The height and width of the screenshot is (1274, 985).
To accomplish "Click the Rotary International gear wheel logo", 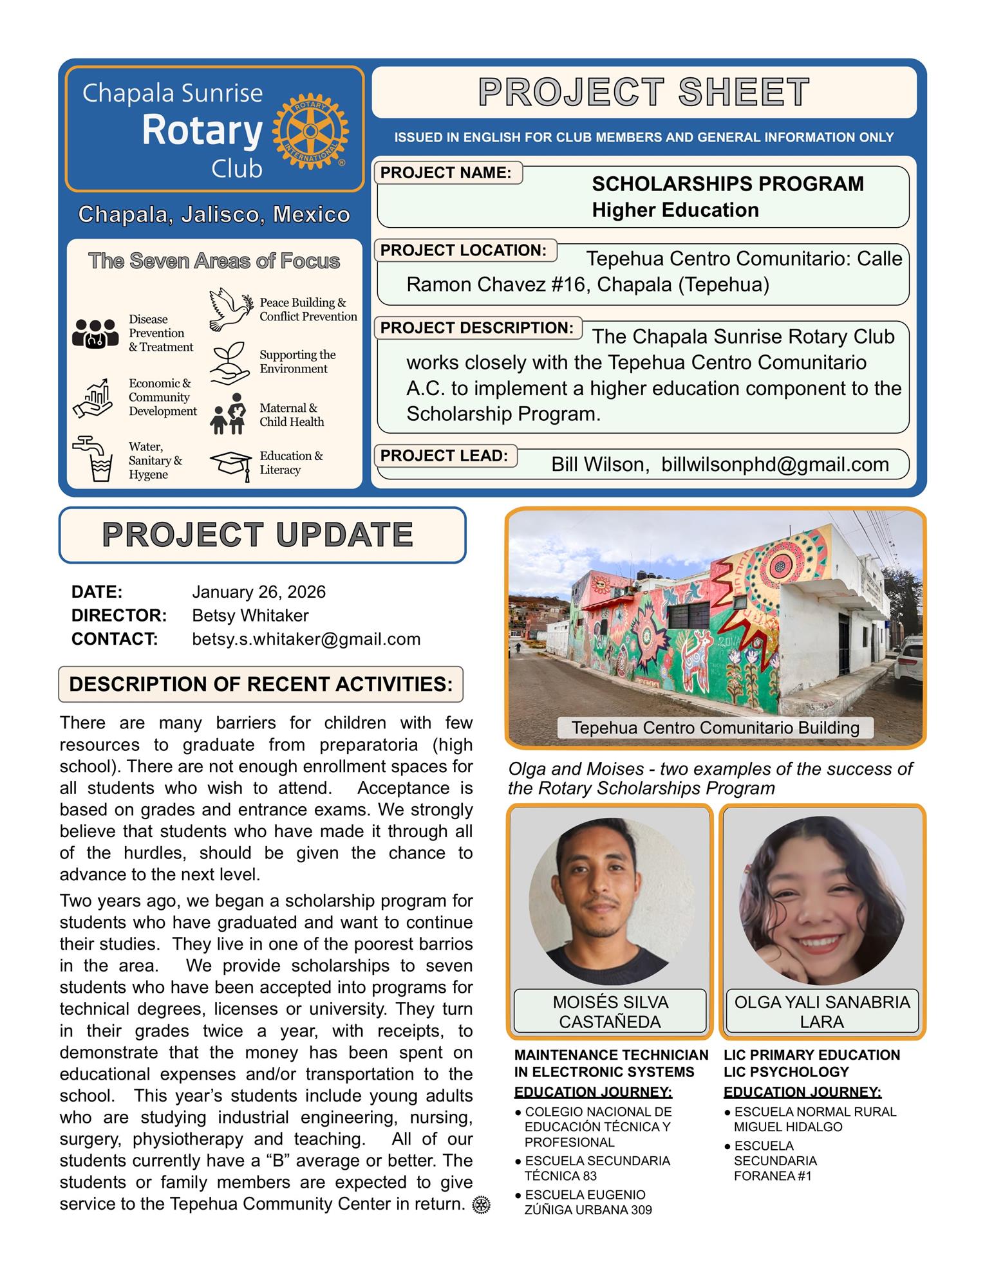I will coord(310,131).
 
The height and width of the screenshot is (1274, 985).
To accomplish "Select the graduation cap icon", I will coord(230,464).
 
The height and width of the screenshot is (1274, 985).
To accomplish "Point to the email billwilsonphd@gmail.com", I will coord(775,465).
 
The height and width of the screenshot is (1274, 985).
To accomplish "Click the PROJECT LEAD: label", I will coord(444,456).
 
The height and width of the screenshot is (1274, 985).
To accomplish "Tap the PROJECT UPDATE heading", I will coord(258,535).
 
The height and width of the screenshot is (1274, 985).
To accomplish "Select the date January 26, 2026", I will coord(259,592).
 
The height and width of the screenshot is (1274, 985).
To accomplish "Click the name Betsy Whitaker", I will coord(250,616).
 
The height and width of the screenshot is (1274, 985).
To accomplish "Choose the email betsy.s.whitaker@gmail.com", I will coord(306,639).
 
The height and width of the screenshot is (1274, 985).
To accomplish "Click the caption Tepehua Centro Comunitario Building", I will coord(715,728).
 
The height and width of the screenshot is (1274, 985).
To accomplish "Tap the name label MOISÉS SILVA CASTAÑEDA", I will coord(610,1012).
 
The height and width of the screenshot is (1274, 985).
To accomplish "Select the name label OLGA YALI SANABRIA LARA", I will coord(822,1012).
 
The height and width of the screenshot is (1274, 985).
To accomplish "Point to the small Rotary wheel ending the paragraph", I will coord(481,1205).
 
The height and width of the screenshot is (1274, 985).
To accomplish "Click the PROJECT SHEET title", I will coord(644,93).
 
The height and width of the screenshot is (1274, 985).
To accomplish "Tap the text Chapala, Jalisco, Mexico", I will coord(214,214).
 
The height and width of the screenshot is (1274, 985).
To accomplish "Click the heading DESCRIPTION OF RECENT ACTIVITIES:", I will coord(261,684).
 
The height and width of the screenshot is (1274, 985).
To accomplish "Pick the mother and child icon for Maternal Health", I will coord(229,414).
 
